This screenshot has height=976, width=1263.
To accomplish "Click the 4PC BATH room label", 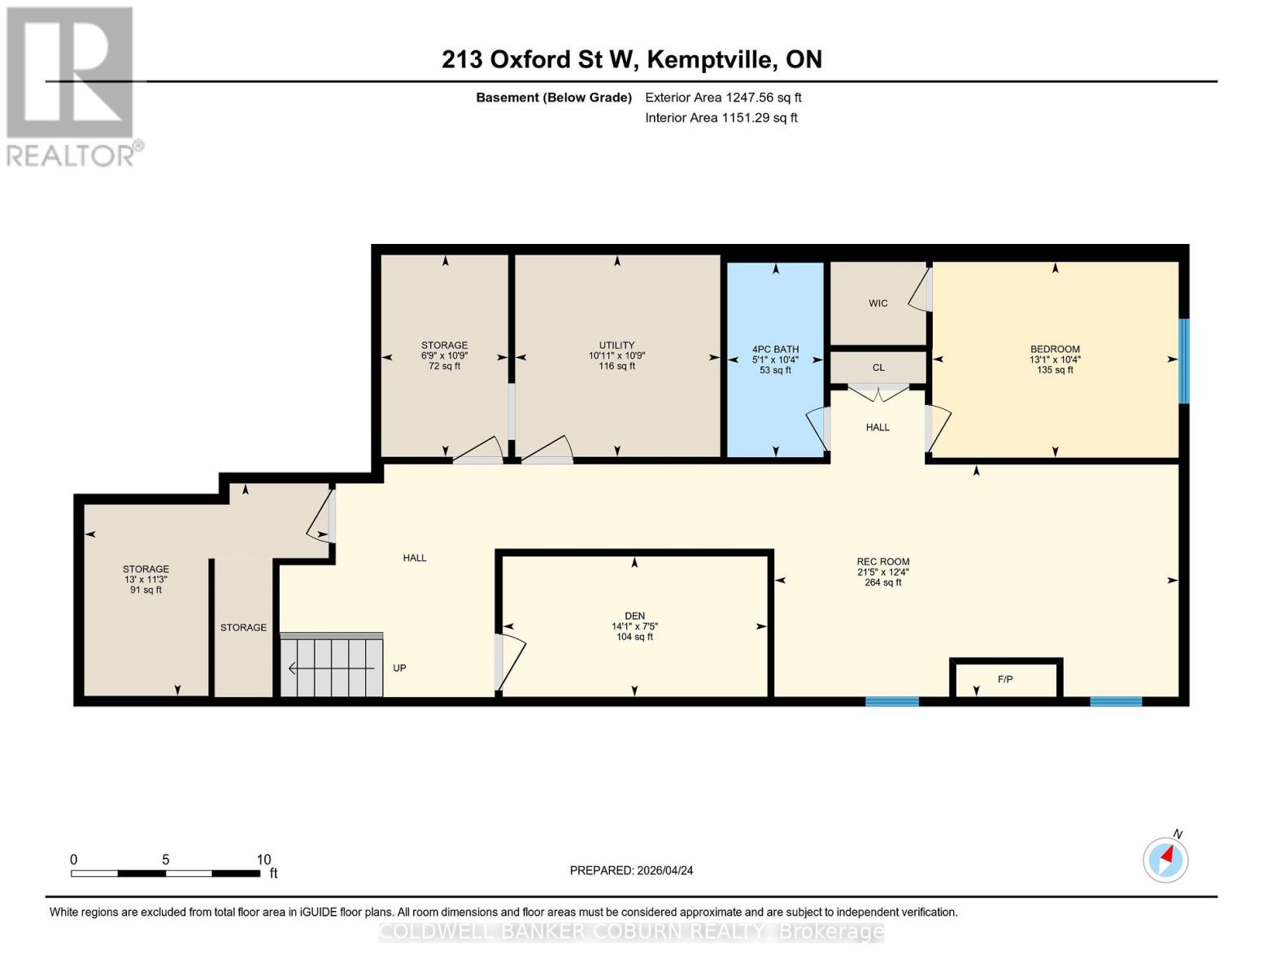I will [x=775, y=350].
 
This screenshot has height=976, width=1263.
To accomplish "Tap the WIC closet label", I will [x=878, y=303].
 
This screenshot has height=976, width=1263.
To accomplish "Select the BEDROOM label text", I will [x=1055, y=350].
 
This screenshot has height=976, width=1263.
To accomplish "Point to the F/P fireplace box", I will [x=1005, y=679].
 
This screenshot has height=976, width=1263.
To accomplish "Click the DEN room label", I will [x=634, y=617].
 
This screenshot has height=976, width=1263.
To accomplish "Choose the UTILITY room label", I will [x=616, y=346].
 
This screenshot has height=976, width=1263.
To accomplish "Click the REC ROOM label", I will [x=882, y=562].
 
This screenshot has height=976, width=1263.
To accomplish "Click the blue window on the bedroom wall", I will [x=1184, y=360].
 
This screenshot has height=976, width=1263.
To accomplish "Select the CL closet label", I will [x=878, y=368].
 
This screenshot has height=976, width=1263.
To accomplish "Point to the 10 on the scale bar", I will [x=263, y=860].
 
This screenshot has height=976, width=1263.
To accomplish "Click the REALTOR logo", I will [x=72, y=85].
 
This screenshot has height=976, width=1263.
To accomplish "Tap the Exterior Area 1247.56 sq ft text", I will [x=723, y=98].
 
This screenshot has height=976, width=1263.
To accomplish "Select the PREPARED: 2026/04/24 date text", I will [x=631, y=870].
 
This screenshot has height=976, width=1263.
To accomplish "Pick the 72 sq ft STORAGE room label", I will [x=444, y=355].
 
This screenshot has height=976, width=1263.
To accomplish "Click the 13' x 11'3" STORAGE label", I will [x=146, y=579].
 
